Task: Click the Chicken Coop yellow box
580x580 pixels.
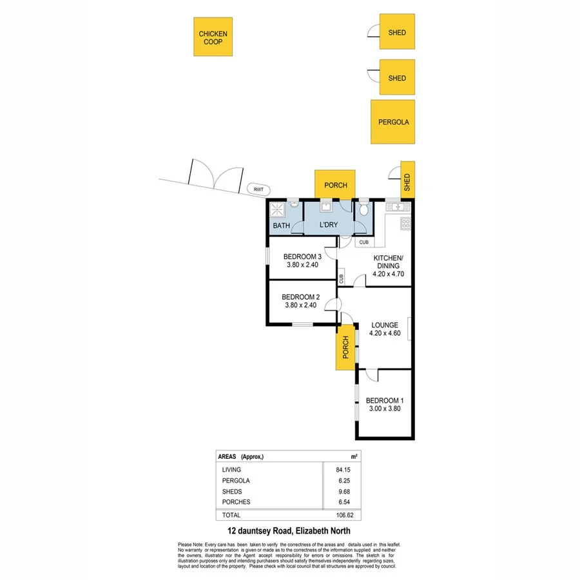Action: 213,37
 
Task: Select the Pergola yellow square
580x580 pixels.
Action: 393,122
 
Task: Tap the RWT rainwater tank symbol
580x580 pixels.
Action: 258,189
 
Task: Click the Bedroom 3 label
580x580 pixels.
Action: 302,256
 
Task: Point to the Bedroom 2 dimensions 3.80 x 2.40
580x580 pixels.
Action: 302,305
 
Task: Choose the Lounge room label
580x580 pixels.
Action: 384,325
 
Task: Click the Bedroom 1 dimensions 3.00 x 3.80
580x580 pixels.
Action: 384,408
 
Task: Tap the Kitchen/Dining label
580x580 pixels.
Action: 388,262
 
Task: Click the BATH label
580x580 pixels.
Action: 281,226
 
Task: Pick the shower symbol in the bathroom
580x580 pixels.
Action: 278,209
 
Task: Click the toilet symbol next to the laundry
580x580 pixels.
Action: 364,208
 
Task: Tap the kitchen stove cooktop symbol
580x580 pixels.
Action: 406,224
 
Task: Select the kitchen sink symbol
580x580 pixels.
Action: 395,206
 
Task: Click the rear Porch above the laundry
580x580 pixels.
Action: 335,185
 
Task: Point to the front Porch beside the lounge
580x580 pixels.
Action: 345,347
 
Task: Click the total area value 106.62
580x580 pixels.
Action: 345,515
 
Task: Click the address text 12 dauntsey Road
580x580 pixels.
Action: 260,532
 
